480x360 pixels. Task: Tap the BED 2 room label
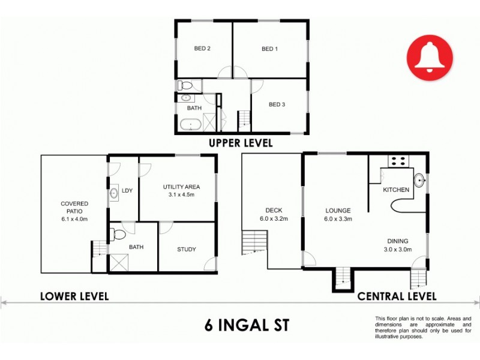pyautogui.click(x=202, y=49)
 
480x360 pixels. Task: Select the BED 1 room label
pyautogui.click(x=269, y=49)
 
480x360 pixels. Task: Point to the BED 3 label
pyautogui.click(x=276, y=104)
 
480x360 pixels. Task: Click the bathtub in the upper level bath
pyautogui.click(x=190, y=125)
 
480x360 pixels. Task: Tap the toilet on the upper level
pyautogui.click(x=186, y=85)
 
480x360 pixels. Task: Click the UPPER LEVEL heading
pyautogui.click(x=240, y=143)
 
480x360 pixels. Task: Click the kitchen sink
pyautogui.click(x=419, y=179)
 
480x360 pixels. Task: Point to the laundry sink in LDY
pyautogui.click(x=114, y=194)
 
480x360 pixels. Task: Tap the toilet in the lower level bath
pyautogui.click(x=118, y=233)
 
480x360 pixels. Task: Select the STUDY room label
pyautogui.click(x=186, y=250)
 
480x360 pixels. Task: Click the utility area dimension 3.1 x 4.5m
pyautogui.click(x=181, y=194)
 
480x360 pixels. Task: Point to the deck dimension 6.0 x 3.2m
pyautogui.click(x=274, y=219)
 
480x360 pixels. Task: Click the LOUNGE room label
pyautogui.click(x=338, y=211)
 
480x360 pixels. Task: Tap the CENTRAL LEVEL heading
pyautogui.click(x=397, y=296)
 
